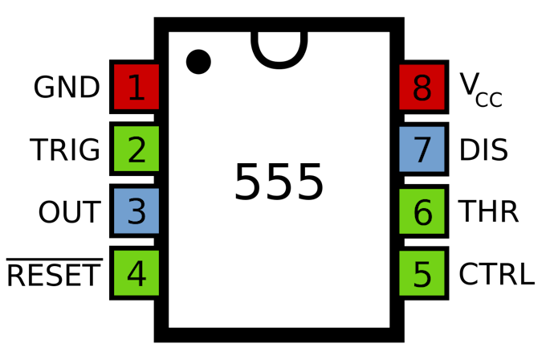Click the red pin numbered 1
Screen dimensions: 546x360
coord(134,87)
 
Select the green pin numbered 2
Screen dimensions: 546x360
coord(134,149)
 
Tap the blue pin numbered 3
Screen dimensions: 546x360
coord(134,211)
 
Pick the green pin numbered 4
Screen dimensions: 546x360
coord(134,273)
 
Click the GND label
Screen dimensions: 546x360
coord(67,87)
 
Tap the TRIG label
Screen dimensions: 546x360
coord(65,149)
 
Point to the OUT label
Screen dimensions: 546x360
coord(70,212)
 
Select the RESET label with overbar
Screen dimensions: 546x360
coord(54,272)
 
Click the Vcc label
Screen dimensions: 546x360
coord(481,89)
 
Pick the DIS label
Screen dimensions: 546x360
coord(483,149)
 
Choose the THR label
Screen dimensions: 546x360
coord(488,211)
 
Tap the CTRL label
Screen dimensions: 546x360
coord(497,273)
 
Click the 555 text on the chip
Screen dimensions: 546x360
coord(279,182)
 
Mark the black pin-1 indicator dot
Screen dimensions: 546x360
coord(198,62)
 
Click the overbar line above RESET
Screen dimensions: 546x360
coord(55,260)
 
